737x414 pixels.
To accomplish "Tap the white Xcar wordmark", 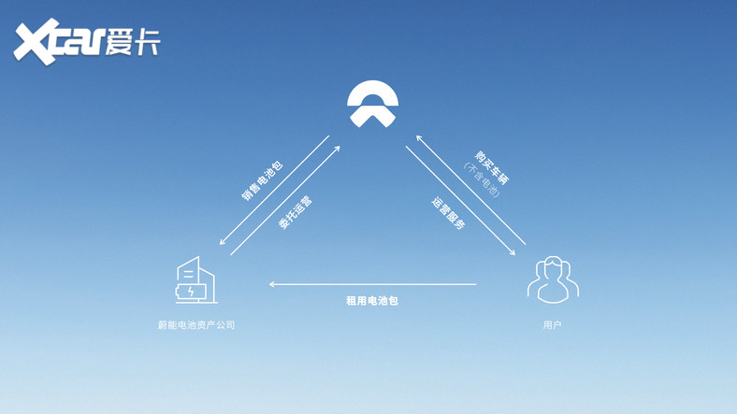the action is point(59,41).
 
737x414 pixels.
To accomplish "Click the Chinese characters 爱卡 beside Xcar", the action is point(133,42).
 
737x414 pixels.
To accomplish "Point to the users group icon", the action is point(553,279).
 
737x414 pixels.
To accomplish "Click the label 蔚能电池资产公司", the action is point(196,325).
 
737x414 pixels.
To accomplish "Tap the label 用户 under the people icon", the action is point(552,325).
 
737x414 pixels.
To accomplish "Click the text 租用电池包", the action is point(372,301).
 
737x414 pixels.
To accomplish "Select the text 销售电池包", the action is point(262,181).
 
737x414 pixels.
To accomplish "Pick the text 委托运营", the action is point(296,213).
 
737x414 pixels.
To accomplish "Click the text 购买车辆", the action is point(492,168).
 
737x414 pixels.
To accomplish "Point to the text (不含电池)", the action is point(481,179).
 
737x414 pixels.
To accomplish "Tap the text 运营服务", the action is point(448,213).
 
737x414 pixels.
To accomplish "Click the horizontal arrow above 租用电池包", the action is point(372,284).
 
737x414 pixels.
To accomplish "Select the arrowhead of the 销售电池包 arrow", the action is point(223,241).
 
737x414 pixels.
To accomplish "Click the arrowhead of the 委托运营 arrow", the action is point(337,150).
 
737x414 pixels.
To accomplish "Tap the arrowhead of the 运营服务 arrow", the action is point(512,252).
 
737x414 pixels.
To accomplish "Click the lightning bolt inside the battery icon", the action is point(191,293).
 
